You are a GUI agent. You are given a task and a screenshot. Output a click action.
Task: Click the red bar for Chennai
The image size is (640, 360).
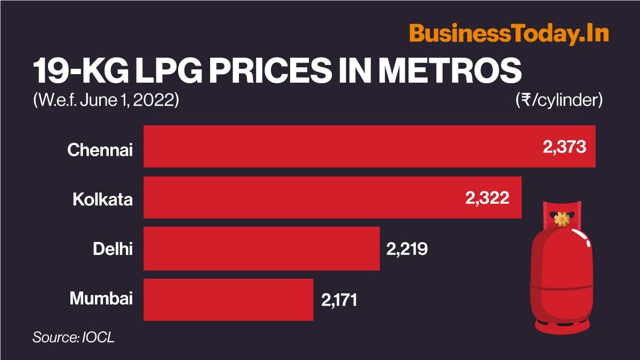point(341,146)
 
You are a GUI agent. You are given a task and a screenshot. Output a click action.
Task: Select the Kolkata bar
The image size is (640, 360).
point(299,197)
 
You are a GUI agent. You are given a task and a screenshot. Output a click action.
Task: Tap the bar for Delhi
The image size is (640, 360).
point(261,249)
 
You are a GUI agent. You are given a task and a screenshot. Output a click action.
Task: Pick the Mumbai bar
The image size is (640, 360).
point(228,299)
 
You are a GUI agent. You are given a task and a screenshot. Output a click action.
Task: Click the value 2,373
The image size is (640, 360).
point(564,147)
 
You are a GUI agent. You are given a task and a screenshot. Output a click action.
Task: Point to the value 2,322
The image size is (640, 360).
point(487,198)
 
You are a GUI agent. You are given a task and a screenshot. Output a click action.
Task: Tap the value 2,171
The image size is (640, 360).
point(339,300)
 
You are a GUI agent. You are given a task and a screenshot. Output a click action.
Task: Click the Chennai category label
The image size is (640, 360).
point(100,150)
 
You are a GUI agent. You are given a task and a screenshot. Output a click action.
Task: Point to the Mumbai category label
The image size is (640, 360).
point(101,299)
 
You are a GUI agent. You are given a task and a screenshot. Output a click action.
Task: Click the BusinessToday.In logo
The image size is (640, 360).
point(509,34)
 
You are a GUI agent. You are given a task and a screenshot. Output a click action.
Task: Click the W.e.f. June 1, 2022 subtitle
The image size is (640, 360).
point(105,100)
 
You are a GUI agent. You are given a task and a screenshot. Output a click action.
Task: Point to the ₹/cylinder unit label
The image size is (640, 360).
point(559,100)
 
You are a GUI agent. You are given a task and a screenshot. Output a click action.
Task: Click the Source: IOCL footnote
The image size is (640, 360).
point(74,337)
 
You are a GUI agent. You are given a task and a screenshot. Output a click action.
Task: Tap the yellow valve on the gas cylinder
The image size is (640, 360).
point(562,218)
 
